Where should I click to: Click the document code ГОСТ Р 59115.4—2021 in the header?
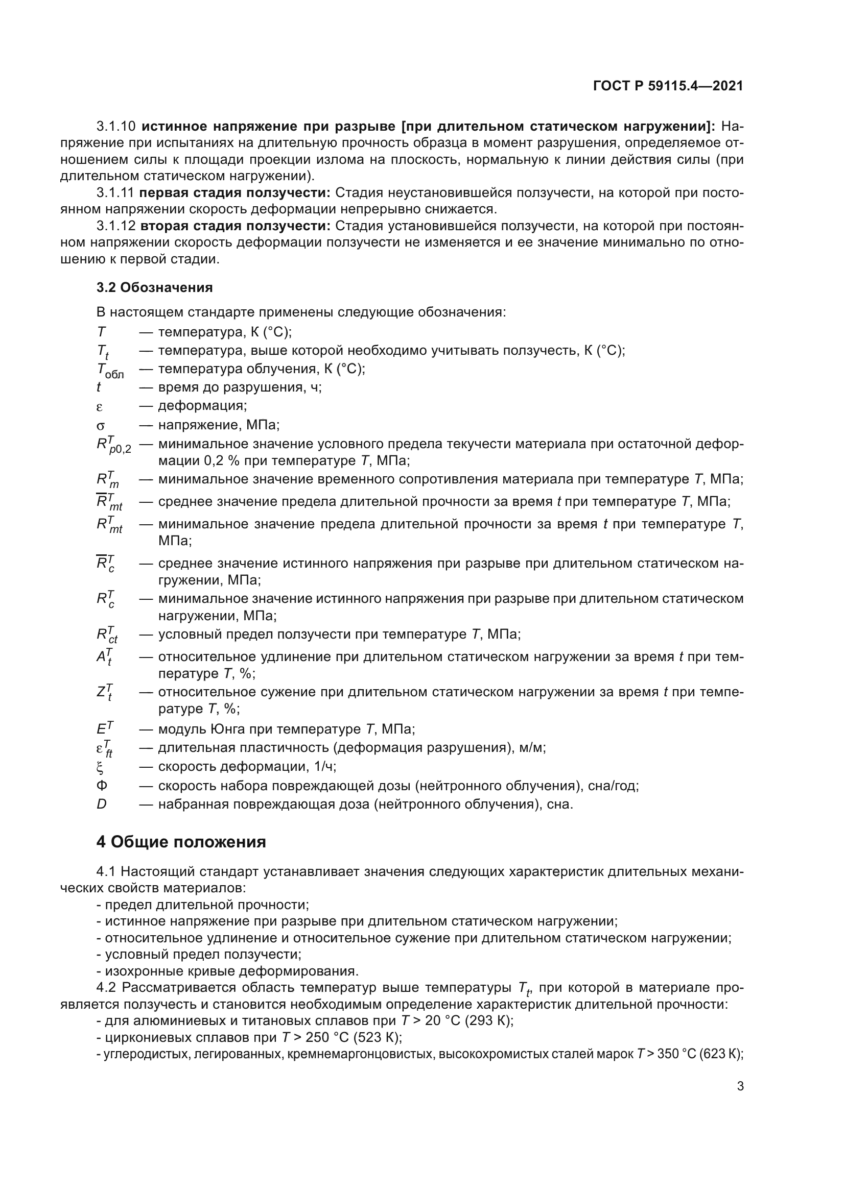pyautogui.click(x=668, y=86)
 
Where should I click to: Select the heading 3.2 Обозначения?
pyautogui.click(x=154, y=287)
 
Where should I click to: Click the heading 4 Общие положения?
pyautogui.click(x=180, y=842)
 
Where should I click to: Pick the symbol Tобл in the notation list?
pyautogui.click(x=109, y=371)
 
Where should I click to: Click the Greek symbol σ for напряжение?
pyautogui.click(x=101, y=426)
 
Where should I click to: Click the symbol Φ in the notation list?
pyautogui.click(x=102, y=785)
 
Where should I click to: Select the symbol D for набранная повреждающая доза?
pyautogui.click(x=101, y=805)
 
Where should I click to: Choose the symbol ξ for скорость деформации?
pyautogui.click(x=100, y=767)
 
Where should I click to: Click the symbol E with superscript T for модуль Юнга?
pyautogui.click(x=104, y=728)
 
